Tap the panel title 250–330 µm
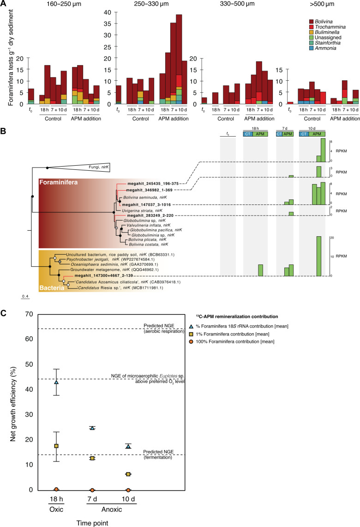click(135, 5)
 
